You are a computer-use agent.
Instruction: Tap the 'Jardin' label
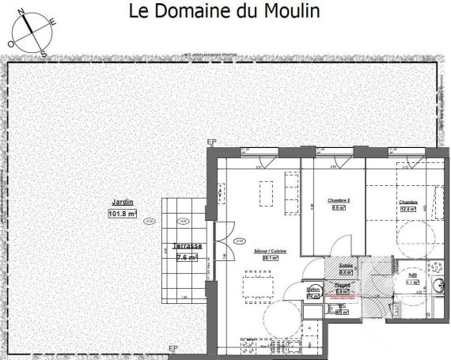point(121,202)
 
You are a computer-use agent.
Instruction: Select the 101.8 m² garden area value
point(122,213)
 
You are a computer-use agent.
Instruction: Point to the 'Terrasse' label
point(188,247)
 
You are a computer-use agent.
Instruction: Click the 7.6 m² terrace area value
point(188,257)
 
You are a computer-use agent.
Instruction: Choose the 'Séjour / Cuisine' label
point(270,251)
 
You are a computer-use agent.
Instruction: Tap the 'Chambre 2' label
point(338,201)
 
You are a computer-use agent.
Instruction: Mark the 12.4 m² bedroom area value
point(408,210)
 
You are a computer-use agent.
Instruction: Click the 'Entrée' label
point(345,267)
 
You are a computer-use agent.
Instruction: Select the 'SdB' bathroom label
point(411,273)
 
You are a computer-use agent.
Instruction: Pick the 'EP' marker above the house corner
point(211,142)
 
